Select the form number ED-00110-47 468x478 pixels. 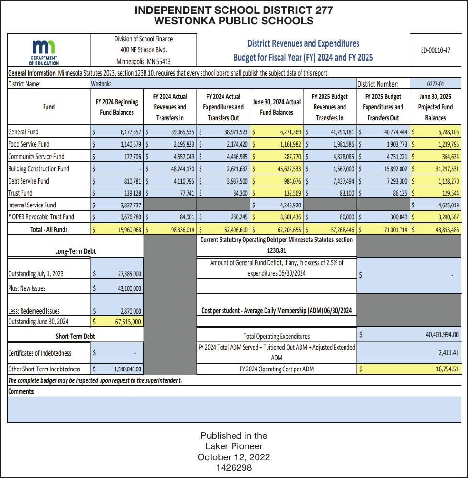click(x=435, y=50)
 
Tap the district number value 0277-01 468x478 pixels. click(x=435, y=84)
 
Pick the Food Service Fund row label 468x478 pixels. click(x=29, y=144)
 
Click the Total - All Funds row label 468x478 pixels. click(x=49, y=229)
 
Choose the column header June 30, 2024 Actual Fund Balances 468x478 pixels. click(x=277, y=107)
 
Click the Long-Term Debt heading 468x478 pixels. click(x=75, y=251)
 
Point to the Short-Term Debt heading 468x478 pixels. click(x=75, y=336)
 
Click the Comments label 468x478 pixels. click(x=22, y=391)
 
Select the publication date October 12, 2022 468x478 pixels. click(x=234, y=457)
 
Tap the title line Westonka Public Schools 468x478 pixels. click(x=234, y=21)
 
